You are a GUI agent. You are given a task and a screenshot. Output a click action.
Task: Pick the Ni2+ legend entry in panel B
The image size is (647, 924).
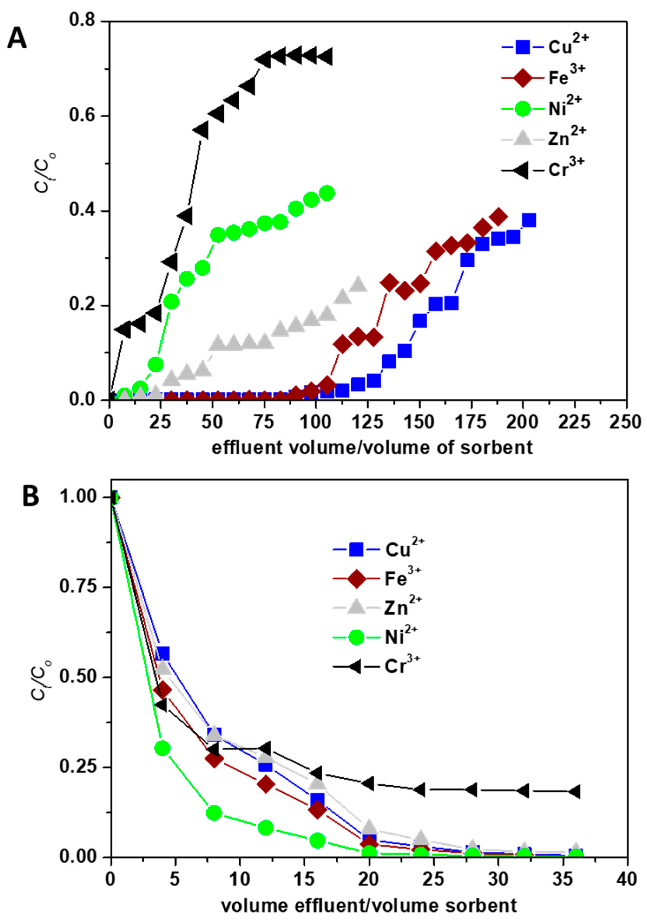[x=376, y=637]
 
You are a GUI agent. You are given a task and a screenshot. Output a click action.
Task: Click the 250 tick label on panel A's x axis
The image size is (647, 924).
[x=625, y=422]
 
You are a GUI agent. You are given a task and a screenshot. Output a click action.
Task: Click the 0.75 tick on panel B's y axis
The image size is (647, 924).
[x=78, y=586]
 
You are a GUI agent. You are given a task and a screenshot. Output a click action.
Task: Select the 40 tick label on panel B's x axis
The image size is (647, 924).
[x=626, y=879]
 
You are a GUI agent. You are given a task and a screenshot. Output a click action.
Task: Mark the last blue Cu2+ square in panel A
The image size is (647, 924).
[x=529, y=221]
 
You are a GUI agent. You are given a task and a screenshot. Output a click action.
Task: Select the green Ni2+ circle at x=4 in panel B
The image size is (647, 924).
[x=163, y=748]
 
